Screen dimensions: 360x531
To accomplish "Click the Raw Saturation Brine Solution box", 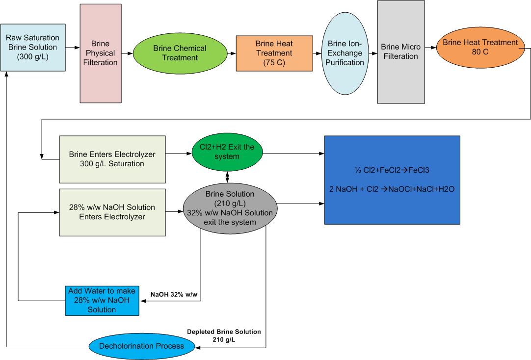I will [x=33, y=48].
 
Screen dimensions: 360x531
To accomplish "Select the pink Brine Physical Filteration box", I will [x=100, y=53].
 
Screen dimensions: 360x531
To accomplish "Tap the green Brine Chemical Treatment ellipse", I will [x=180, y=53].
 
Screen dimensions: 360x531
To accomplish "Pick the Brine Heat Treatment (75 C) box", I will [x=274, y=53].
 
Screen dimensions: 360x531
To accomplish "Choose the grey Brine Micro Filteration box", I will [x=401, y=52].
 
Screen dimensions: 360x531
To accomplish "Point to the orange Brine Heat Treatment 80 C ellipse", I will [x=480, y=47].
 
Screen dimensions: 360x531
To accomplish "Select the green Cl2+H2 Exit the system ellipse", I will [x=227, y=153].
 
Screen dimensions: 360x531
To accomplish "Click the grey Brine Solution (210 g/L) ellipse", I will [x=230, y=207].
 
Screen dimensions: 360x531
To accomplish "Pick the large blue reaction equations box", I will [x=392, y=180].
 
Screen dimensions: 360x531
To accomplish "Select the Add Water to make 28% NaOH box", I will [x=102, y=300].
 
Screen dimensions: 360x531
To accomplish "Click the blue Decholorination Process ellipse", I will [x=142, y=346].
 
